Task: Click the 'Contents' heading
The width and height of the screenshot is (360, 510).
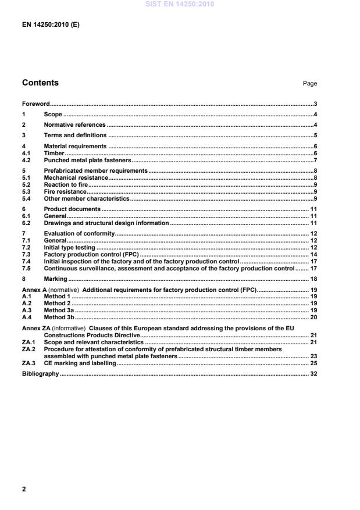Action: pyautogui.click(x=40, y=83)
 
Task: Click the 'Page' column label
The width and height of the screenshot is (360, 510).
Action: pyautogui.click(x=310, y=84)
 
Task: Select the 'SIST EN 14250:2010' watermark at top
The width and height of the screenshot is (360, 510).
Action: pyautogui.click(x=180, y=4)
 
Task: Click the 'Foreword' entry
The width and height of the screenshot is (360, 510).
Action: pyautogui.click(x=35, y=104)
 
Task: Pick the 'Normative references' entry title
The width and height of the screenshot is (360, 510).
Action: pyautogui.click(x=74, y=125)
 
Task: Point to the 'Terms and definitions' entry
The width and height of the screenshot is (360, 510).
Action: pyautogui.click(x=75, y=135)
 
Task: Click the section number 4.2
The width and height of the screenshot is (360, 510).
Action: pyautogui.click(x=26, y=159)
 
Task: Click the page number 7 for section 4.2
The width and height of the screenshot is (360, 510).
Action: pyautogui.click(x=315, y=159)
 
